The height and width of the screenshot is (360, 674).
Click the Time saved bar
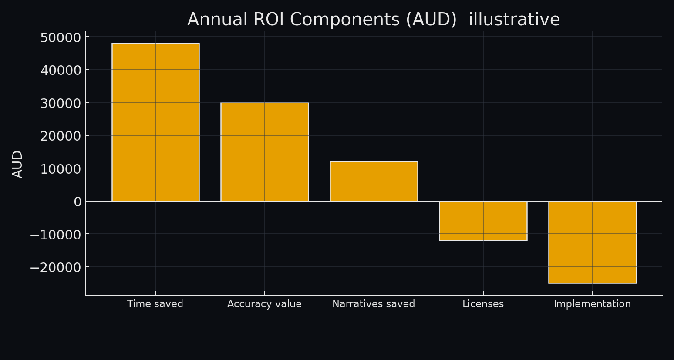pos(155,122)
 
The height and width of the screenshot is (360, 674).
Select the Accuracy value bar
pos(265,151)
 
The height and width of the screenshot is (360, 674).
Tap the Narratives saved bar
pos(374,181)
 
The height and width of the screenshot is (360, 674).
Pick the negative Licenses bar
pos(483,221)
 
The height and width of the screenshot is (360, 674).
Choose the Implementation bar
pos(592,242)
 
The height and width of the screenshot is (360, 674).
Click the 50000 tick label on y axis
pos(61,38)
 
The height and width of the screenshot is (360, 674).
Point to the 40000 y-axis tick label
pos(61,71)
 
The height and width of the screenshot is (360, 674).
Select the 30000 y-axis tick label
pos(61,104)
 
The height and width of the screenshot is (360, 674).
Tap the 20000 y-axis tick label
pos(61,136)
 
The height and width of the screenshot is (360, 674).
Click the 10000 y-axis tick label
pos(61,169)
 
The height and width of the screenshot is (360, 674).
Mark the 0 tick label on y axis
pos(78,202)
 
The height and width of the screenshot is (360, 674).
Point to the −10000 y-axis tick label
pos(55,235)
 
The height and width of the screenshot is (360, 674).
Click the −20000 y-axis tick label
pos(55,268)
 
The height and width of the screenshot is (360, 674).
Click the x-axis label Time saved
pos(155,304)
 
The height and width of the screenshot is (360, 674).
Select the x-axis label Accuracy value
pos(264,304)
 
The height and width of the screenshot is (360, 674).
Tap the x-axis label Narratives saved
pos(374,304)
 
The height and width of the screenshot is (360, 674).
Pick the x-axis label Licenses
pos(483,304)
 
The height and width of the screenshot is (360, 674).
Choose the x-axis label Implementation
pos(592,304)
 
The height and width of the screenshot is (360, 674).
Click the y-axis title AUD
pos(17,164)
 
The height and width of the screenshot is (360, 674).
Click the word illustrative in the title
pos(514,20)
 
